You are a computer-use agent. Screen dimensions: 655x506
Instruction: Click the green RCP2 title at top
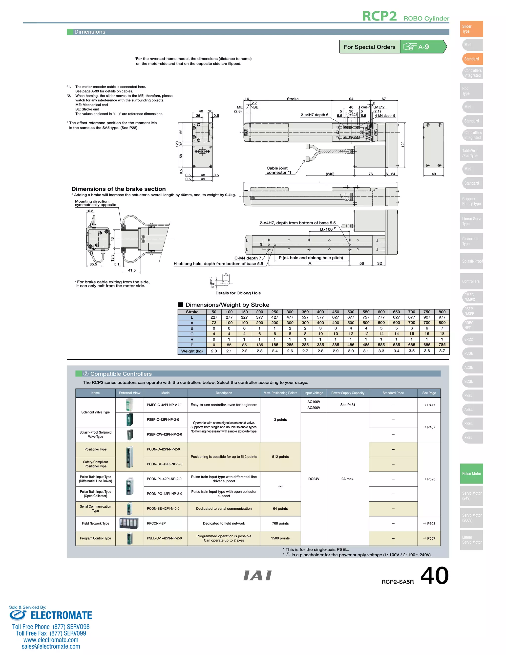[x=379, y=16]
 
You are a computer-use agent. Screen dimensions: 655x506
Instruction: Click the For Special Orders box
[x=370, y=47]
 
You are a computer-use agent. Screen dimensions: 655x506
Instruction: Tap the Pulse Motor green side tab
[x=471, y=474]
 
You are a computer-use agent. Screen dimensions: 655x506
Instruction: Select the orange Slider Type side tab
[x=471, y=29]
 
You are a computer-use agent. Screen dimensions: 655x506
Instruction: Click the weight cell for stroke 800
[x=442, y=351]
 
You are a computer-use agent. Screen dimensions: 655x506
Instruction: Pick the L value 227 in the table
[x=214, y=317]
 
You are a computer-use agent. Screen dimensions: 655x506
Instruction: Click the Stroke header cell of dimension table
[x=192, y=312]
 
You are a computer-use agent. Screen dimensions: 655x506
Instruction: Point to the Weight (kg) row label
[x=192, y=351]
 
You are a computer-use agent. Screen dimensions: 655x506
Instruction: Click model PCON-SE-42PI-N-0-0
[x=163, y=508]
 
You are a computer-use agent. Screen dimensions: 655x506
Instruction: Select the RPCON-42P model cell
[x=156, y=523]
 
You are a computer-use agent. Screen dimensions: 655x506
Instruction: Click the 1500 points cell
[x=280, y=538]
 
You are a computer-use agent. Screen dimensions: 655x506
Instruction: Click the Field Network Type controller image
[x=129, y=523]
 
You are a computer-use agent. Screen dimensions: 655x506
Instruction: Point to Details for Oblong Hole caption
[x=238, y=293]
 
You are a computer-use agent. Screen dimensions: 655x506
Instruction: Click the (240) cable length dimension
[x=330, y=174]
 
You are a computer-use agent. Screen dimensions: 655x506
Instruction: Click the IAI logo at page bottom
[x=257, y=575]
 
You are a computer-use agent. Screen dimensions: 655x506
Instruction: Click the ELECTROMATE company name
[x=61, y=615]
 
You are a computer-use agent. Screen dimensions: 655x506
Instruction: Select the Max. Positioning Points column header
[x=280, y=393]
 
